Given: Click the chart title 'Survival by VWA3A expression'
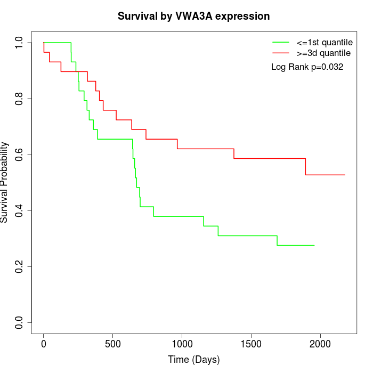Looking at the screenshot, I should click(x=193, y=17).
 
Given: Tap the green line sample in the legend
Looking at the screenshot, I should click(x=281, y=42).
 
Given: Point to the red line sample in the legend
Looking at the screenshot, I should click(x=281, y=53).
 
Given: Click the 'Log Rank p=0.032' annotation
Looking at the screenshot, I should click(x=307, y=67).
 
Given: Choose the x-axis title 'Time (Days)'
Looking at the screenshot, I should click(x=193, y=360).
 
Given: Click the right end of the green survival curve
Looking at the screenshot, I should click(x=315, y=245).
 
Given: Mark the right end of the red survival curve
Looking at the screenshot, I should click(x=345, y=175).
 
